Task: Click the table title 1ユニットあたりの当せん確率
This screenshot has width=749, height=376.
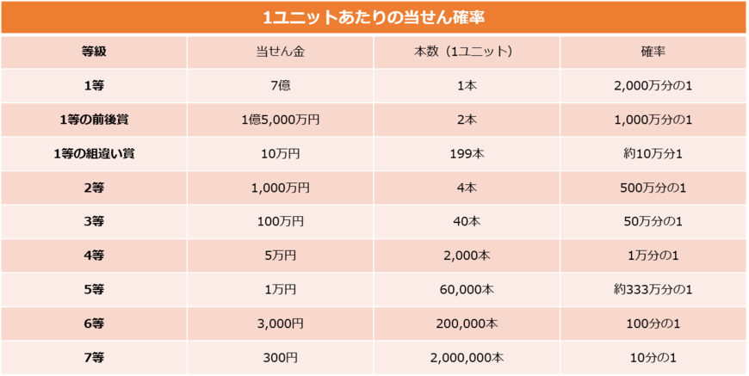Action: [x=374, y=16]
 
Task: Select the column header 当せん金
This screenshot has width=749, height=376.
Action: [x=281, y=52]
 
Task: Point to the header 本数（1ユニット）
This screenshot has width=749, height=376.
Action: [x=467, y=52]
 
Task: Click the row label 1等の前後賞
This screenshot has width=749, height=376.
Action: [x=94, y=120]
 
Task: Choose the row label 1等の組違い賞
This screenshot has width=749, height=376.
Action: [x=94, y=153]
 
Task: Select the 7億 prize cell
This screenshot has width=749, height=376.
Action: [x=281, y=86]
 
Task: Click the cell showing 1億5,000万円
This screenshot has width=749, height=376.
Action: [x=281, y=120]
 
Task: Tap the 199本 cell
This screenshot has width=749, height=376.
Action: [x=467, y=153]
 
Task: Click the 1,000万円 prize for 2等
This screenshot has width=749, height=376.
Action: [x=281, y=188]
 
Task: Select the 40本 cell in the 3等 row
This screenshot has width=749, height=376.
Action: [x=467, y=221]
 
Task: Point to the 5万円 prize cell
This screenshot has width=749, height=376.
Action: [x=281, y=256]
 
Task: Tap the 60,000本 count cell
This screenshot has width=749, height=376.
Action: [x=467, y=289]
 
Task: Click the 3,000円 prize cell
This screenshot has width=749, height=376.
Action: [x=281, y=324]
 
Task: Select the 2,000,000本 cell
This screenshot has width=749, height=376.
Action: [x=467, y=357]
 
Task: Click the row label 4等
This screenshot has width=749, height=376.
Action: [x=94, y=256]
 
